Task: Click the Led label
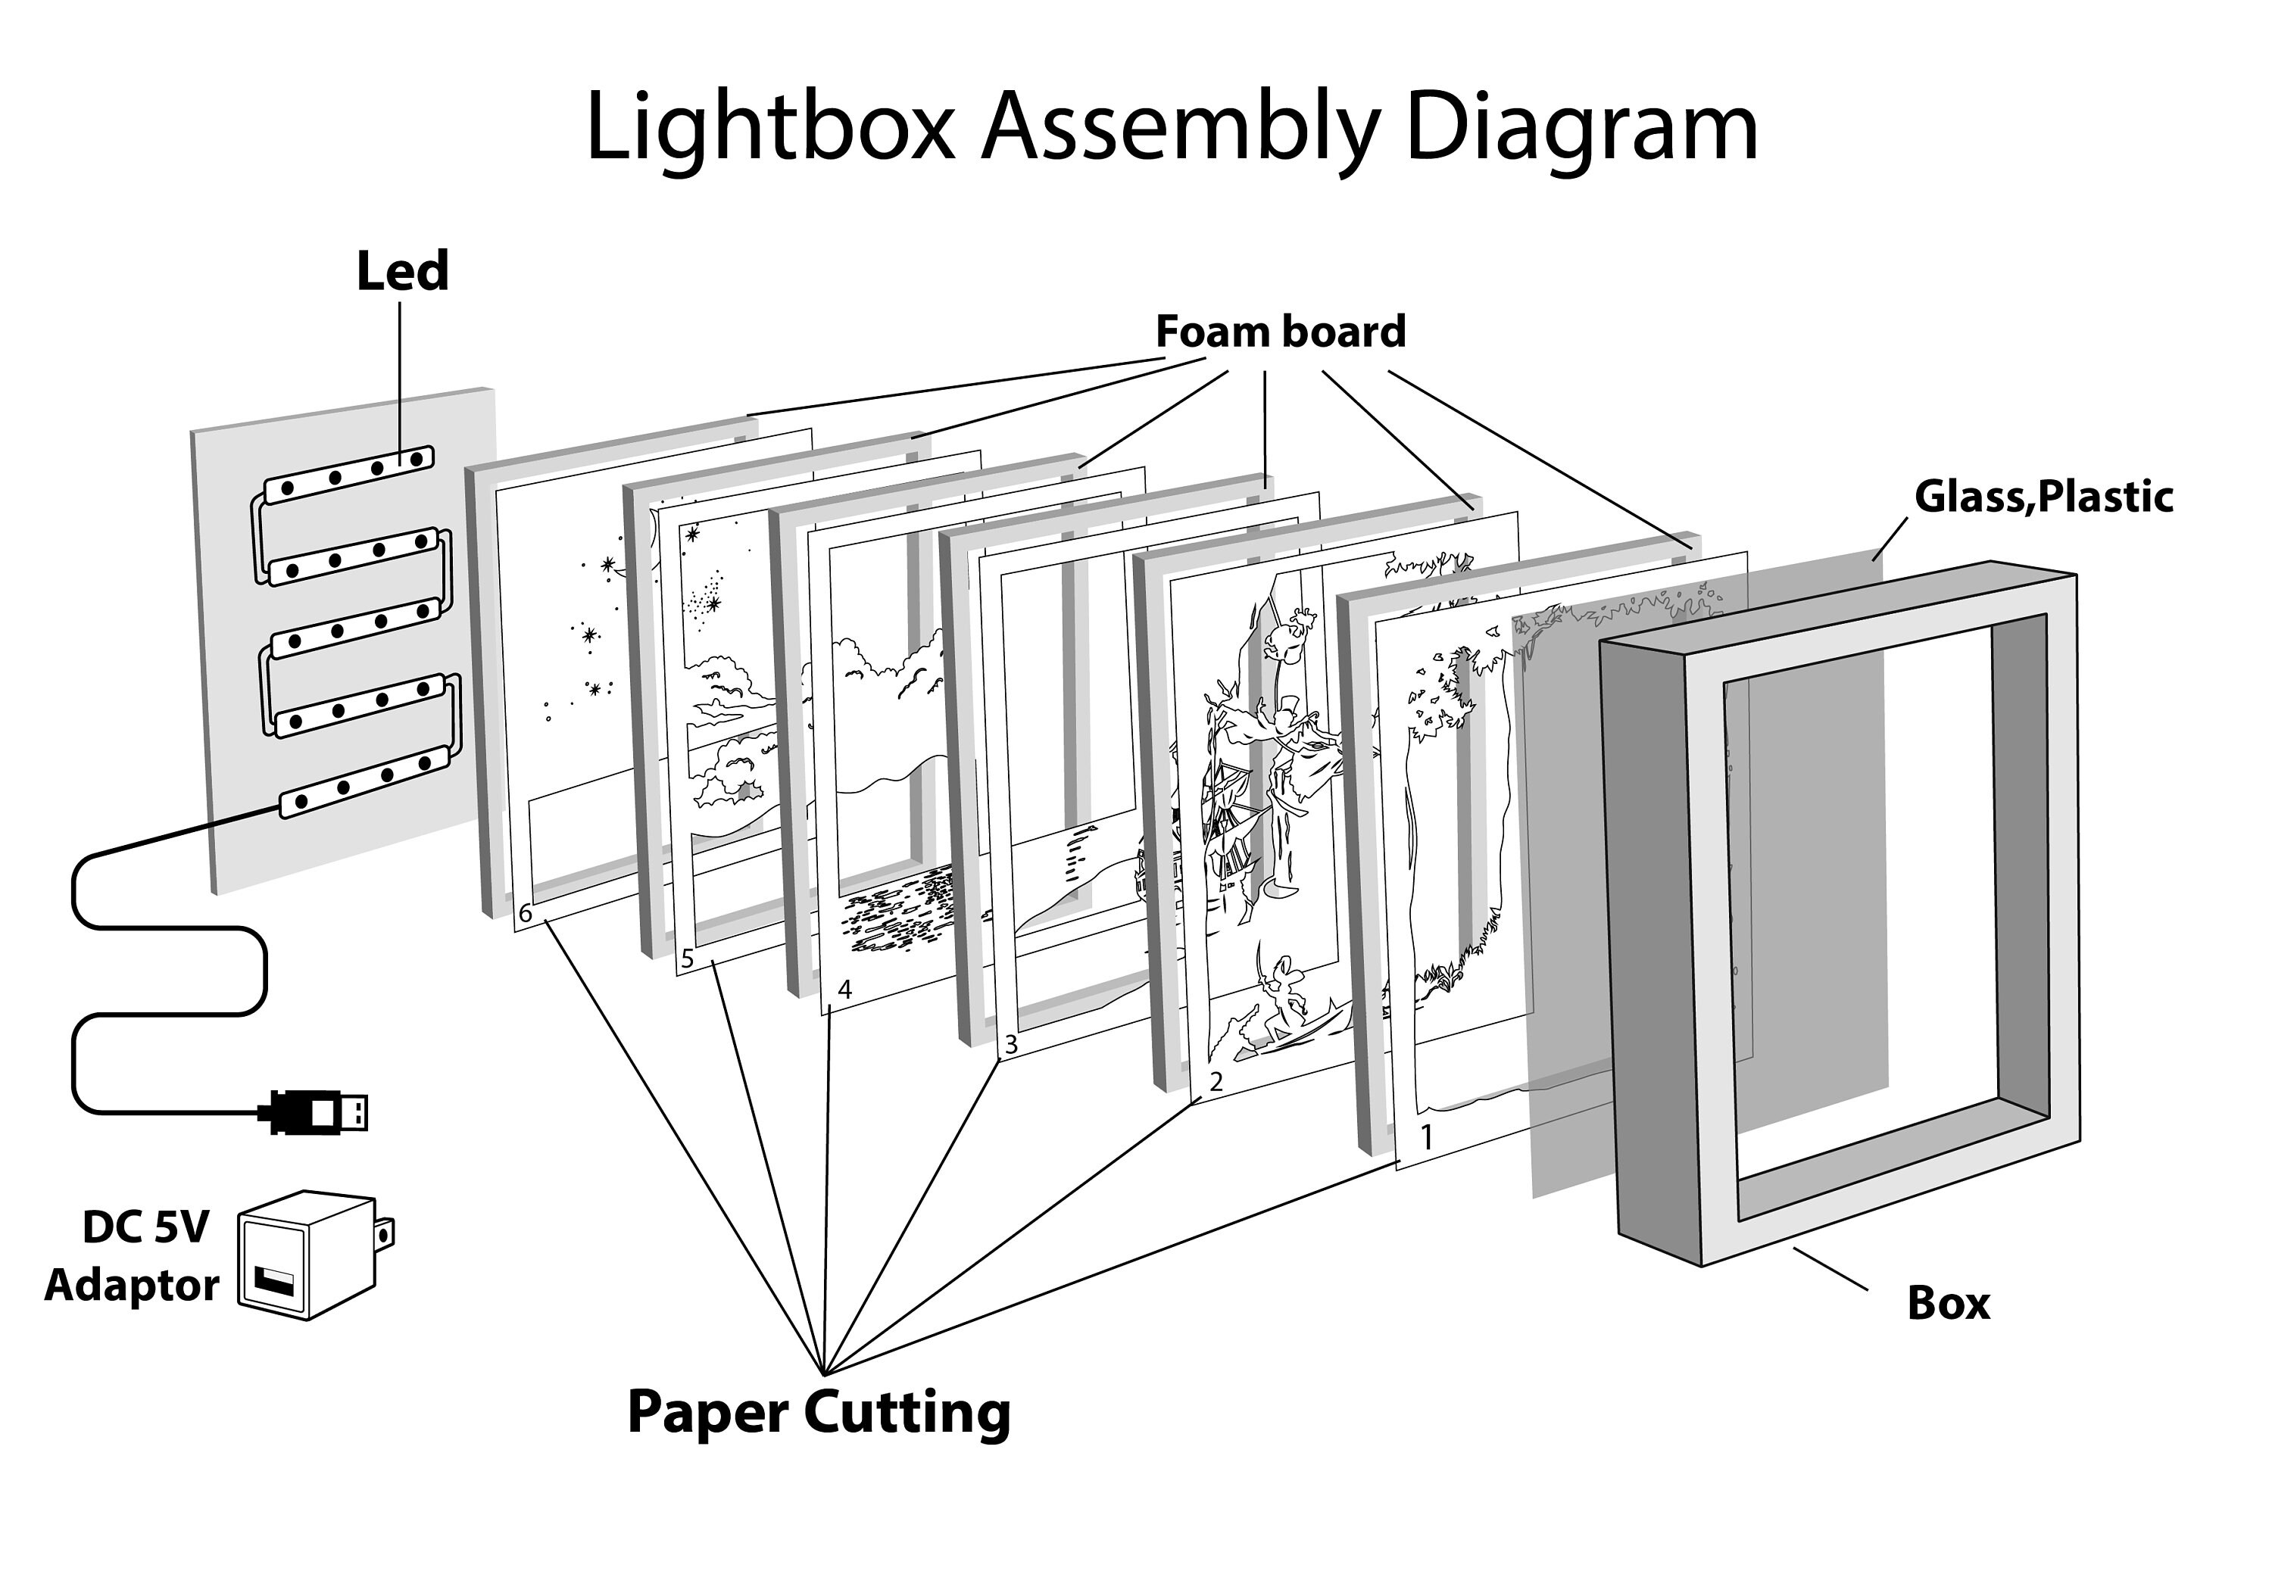[x=401, y=271]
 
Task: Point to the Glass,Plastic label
[x=2043, y=497]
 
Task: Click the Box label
[x=1947, y=1303]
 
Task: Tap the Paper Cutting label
[x=819, y=1412]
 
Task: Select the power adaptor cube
[x=307, y=1255]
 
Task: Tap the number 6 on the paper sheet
[x=526, y=913]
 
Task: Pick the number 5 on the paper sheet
[x=688, y=959]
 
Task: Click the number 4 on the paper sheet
[x=844, y=990]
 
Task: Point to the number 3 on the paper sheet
[x=1010, y=1044]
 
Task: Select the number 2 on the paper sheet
[x=1216, y=1081]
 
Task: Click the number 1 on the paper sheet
[x=1427, y=1138]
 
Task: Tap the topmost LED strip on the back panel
[x=349, y=474]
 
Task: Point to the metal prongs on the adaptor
[x=387, y=1232]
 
